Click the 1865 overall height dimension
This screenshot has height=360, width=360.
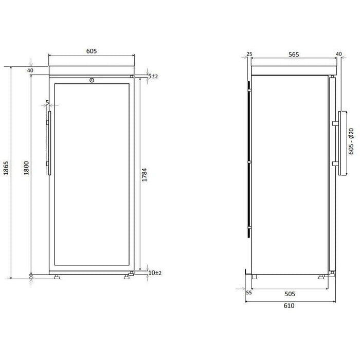tap(6, 168)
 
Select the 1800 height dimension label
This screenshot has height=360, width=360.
tap(27, 168)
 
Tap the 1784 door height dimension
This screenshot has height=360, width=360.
tap(144, 175)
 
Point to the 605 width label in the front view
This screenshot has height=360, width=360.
tap(92, 51)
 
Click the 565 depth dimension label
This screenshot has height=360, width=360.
tap(294, 55)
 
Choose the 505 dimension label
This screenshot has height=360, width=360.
tap(290, 294)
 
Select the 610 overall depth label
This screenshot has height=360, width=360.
tap(289, 305)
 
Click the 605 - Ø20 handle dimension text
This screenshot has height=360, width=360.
tap(351, 141)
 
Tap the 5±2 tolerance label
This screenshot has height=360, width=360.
tap(153, 76)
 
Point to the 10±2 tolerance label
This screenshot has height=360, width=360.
tap(155, 273)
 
